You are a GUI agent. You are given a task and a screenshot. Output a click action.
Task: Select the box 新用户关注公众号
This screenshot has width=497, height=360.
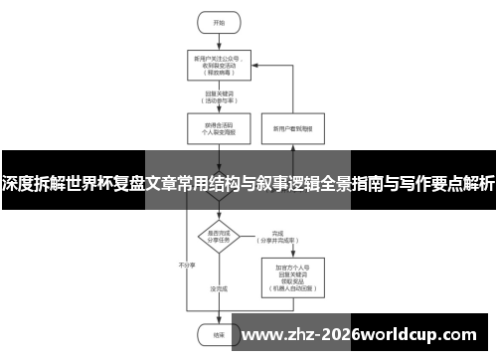(219, 64)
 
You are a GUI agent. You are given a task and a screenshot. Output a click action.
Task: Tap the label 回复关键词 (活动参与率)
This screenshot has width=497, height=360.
(219, 98)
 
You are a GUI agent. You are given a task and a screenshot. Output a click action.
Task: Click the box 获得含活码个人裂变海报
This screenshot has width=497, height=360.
(219, 128)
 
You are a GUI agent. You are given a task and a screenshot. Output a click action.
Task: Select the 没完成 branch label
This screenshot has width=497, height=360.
(219, 289)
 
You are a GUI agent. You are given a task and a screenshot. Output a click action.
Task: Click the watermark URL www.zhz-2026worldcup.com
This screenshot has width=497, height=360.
(362, 332)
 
